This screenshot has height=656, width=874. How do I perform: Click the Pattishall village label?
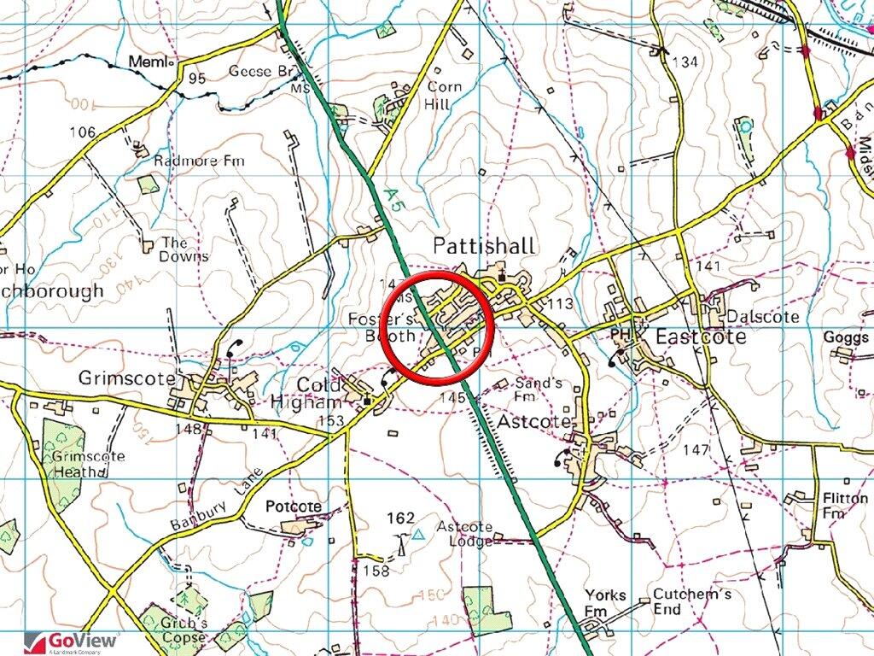(484, 246)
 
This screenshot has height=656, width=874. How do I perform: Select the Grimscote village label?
(126, 378)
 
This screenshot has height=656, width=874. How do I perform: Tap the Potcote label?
(294, 507)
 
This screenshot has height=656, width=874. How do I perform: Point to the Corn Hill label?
(444, 96)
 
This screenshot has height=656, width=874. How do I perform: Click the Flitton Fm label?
(833, 505)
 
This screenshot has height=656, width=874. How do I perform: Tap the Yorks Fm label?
(605, 602)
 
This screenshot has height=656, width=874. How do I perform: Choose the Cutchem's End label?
(679, 601)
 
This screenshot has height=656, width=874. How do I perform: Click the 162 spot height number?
(400, 518)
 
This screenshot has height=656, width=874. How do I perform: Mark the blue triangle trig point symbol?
(418, 535)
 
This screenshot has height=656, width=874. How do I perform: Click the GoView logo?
(73, 641)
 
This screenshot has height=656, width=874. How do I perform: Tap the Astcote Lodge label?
(464, 533)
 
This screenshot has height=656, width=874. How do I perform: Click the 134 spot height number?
(685, 61)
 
